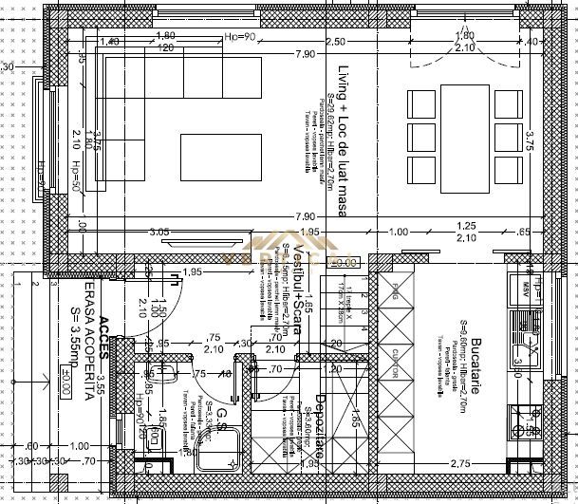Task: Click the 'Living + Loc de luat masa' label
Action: click(x=343, y=142)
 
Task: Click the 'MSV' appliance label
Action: click(x=525, y=284)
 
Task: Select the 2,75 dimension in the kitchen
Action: click(x=461, y=462)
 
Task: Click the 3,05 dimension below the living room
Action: click(x=159, y=232)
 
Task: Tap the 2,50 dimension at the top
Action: click(x=334, y=43)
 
